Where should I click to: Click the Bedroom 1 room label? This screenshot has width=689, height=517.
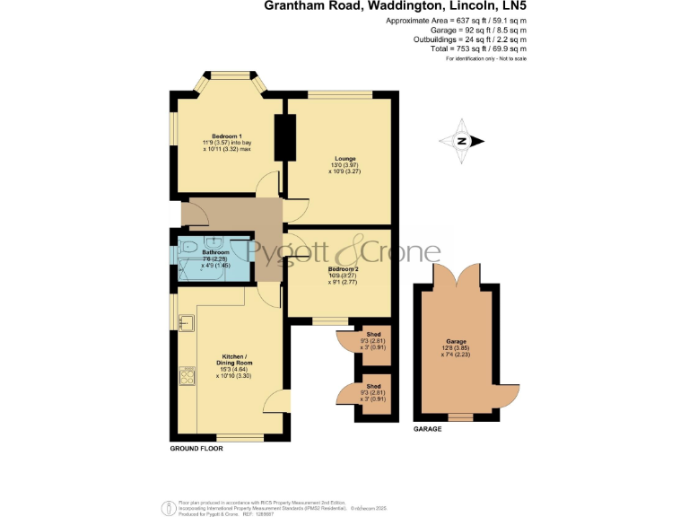tap(214, 136)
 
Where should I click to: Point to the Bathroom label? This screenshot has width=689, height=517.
tap(215, 253)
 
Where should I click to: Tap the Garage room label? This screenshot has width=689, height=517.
tap(457, 342)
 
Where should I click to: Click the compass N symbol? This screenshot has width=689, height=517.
tap(462, 141)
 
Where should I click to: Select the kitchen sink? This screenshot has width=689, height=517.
tap(187, 321)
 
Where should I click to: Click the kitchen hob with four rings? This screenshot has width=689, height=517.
tap(188, 375)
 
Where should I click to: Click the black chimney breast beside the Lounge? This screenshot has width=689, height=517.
tap(289, 135)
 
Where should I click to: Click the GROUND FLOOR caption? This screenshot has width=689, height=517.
tap(196, 447)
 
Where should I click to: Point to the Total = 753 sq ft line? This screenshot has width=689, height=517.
tap(480, 50)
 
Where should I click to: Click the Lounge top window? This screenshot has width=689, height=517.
tap(339, 93)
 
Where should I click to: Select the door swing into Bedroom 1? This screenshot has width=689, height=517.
tap(266, 188)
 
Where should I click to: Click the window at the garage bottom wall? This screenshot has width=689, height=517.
tap(459, 416)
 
